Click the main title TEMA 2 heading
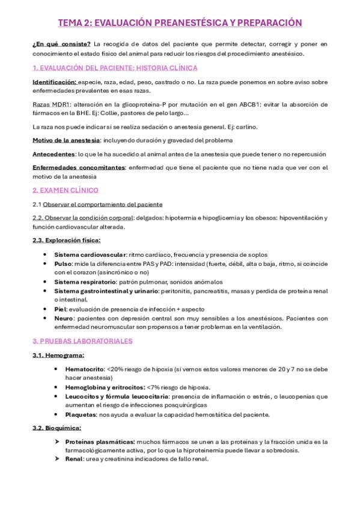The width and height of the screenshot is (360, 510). point(180,23)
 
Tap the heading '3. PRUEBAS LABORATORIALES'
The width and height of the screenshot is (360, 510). point(82,340)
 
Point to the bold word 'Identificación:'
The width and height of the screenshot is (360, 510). point(55,81)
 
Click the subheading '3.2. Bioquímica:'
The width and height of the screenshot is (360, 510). point(57,428)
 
